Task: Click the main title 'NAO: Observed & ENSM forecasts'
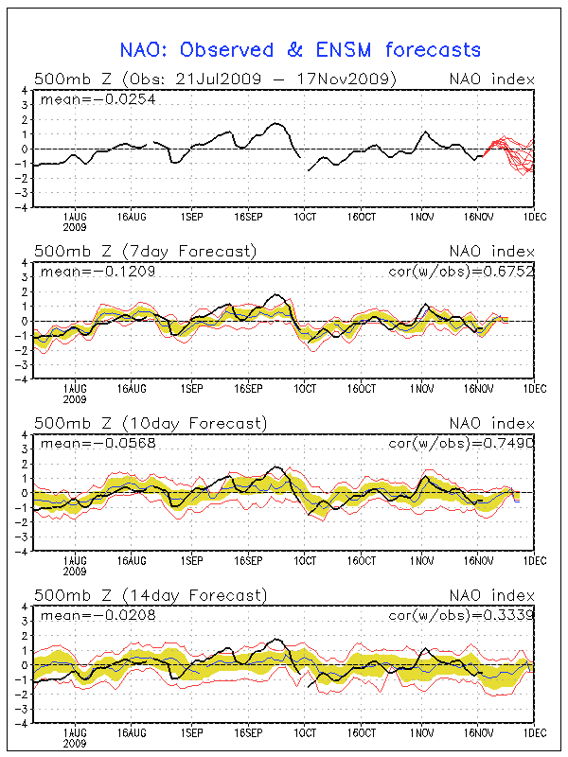click(300, 50)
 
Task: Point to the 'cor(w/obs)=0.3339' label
click(461, 615)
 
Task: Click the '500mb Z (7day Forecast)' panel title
click(145, 251)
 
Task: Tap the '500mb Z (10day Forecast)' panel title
click(150, 422)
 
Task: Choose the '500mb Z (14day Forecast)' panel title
click(150, 595)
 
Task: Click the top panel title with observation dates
click(215, 78)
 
